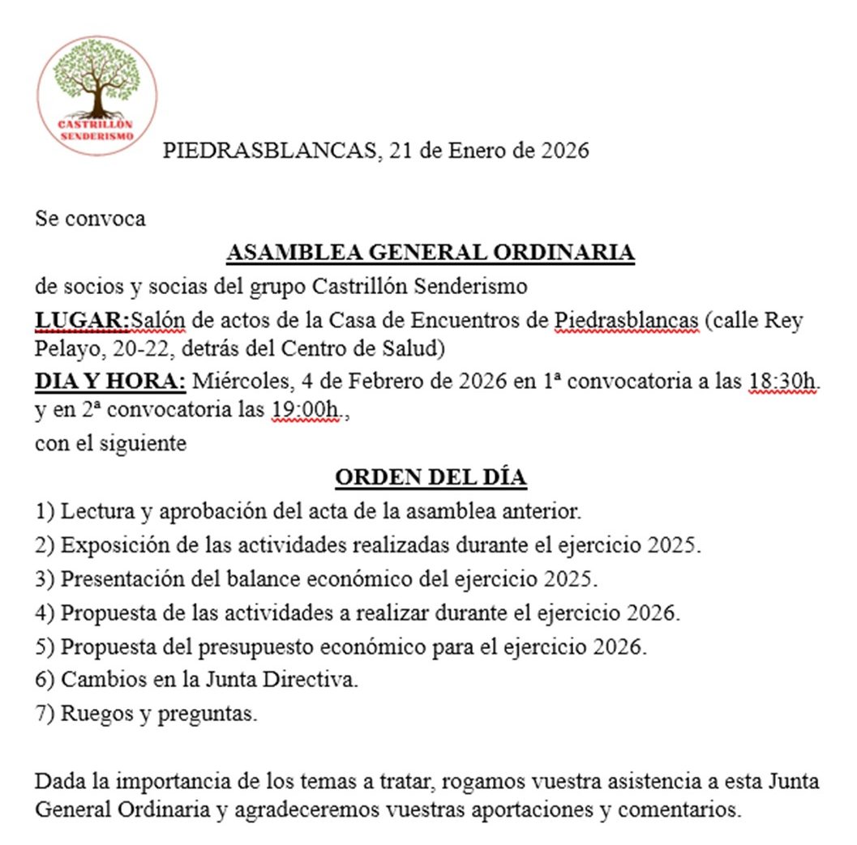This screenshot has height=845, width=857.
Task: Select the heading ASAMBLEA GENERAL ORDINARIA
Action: coord(430,253)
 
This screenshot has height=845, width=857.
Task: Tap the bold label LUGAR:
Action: coord(82,321)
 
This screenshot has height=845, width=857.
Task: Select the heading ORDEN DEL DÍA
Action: coord(431,478)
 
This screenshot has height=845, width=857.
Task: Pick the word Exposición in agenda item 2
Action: coord(107,545)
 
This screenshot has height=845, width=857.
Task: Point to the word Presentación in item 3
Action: coord(115,580)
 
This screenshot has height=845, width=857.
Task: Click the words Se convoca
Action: coord(90,219)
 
